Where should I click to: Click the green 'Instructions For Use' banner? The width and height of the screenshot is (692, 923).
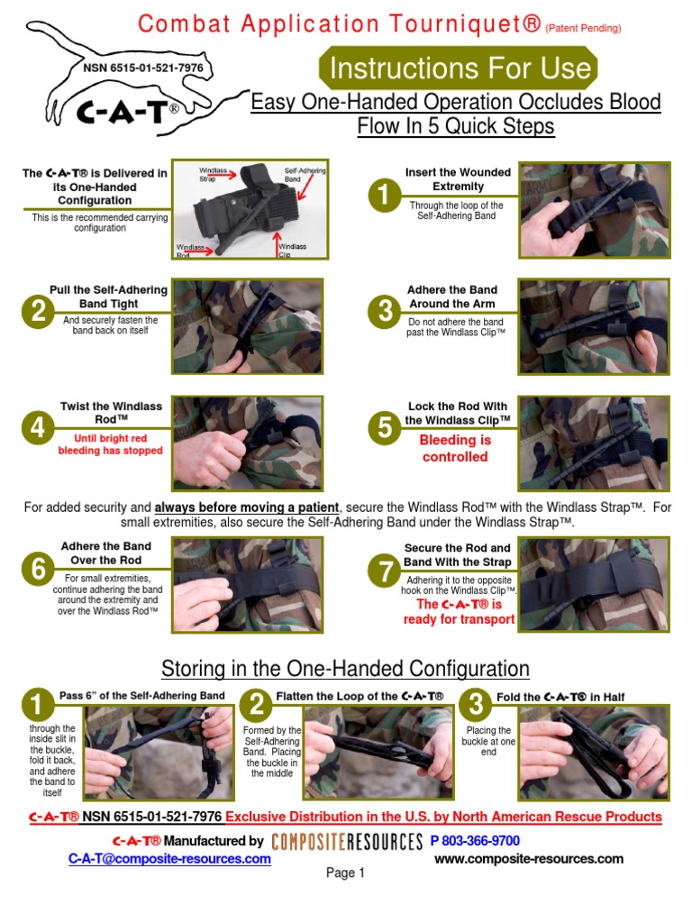click(458, 69)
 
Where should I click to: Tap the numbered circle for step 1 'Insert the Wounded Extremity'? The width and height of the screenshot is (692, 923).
click(384, 196)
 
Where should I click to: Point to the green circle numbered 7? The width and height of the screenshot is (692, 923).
click(384, 571)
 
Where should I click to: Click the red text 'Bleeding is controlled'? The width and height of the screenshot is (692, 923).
click(455, 449)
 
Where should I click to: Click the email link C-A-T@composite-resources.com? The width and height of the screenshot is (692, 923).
click(169, 859)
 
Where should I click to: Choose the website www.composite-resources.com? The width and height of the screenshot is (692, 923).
click(529, 859)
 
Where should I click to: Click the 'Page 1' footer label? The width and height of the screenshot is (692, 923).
click(345, 873)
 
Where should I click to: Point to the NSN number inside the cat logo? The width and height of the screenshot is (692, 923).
click(143, 68)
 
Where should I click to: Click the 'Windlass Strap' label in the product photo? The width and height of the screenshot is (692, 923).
click(213, 174)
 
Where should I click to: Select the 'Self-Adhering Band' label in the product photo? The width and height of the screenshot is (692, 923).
click(305, 174)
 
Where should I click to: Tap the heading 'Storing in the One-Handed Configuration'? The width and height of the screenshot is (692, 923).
click(345, 669)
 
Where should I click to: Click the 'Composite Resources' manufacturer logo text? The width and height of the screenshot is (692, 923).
click(347, 842)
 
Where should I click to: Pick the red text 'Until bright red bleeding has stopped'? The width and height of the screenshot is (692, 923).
click(110, 444)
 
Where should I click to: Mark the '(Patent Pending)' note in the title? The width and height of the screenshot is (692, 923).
click(583, 28)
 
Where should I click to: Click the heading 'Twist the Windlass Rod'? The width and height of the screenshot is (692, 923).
click(111, 413)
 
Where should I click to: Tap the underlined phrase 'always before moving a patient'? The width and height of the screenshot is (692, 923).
click(247, 507)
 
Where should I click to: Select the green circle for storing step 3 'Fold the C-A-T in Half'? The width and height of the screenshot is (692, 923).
click(476, 705)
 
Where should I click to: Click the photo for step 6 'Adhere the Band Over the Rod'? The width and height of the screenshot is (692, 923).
click(247, 584)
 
